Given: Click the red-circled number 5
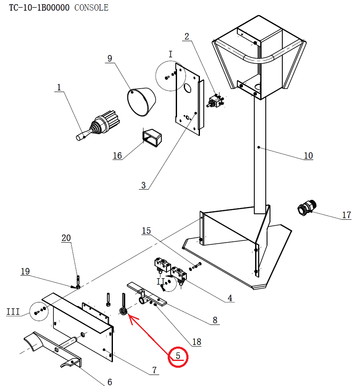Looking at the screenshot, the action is click(x=178, y=356).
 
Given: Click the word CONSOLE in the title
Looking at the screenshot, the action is click(x=91, y=8).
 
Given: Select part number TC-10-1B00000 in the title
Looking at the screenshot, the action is click(x=39, y=8).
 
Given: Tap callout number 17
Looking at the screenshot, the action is click(x=346, y=215).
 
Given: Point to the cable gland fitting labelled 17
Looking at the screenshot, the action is click(x=307, y=208).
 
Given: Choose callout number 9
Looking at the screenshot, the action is click(x=110, y=59).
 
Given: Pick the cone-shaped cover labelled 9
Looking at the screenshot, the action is click(x=141, y=102).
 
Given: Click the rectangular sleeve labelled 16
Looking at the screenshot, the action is click(x=152, y=138).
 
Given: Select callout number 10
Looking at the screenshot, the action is click(x=308, y=156).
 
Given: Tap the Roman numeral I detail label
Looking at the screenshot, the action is click(x=171, y=54).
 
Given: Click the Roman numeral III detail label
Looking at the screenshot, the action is click(x=13, y=312).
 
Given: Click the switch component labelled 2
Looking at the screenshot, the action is click(x=215, y=101).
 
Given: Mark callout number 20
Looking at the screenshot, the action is click(x=66, y=238).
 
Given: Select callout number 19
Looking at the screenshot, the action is click(x=25, y=271).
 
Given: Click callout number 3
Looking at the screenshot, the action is click(x=143, y=185).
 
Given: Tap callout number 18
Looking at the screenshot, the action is click(x=197, y=342).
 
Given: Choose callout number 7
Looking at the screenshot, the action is click(x=154, y=370).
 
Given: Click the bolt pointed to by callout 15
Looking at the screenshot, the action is click(x=196, y=266).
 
